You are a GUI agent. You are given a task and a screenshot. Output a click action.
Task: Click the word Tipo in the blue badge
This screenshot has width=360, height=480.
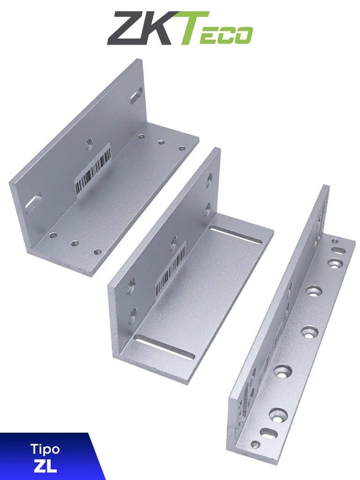coord(45,449)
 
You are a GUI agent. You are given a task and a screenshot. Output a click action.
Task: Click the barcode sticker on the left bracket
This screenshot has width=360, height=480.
coord(93,169)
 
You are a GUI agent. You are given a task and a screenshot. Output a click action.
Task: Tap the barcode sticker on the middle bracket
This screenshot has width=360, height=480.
coord(170,270)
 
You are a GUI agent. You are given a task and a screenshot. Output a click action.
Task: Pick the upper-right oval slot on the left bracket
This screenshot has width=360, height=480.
coord(136,95)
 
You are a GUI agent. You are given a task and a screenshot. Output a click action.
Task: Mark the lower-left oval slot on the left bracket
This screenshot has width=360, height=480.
coord(33,202)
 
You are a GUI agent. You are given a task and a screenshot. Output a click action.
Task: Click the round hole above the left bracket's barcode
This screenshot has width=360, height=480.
coord(89,144)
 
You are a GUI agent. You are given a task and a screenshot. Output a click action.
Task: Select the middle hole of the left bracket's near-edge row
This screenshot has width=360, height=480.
coord(75,243)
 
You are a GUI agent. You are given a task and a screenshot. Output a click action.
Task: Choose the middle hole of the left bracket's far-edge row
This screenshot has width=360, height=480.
coord(161,142)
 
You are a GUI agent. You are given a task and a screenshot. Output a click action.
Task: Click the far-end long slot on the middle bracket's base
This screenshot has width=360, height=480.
coord(236,235)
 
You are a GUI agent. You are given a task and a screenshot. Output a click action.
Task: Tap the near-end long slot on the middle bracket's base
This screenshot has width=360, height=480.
coord(164,347)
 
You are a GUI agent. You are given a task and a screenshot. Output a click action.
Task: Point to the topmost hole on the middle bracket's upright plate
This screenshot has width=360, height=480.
coord(209,179)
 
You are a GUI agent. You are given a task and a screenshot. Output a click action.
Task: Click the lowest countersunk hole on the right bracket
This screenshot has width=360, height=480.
coord(278,414)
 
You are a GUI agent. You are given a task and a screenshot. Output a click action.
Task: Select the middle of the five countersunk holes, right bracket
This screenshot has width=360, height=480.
coord(310,332)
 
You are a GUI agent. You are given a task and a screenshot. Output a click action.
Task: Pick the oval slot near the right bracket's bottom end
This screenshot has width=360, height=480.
coord(269,433)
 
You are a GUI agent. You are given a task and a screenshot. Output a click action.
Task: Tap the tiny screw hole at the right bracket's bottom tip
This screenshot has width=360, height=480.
coord(255,444)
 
